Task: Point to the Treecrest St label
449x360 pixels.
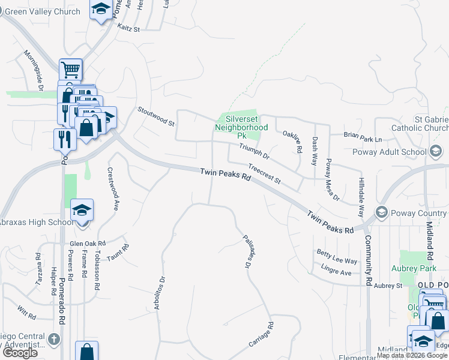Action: pos(265,175)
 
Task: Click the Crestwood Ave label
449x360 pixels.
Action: pos(112,188)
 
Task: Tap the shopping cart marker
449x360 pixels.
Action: pos(71,70)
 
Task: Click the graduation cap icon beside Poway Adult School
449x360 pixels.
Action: pos(435,152)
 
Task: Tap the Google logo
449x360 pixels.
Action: pos(20,353)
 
